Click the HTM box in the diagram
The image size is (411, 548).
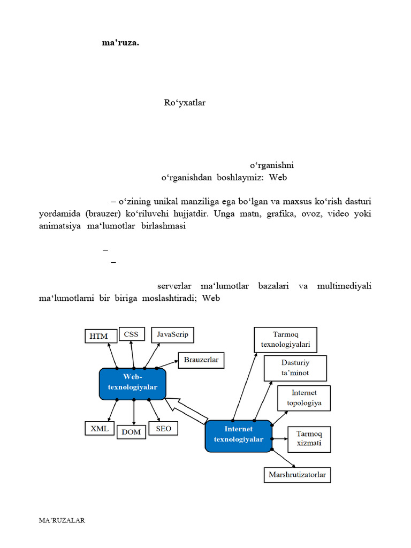click(99, 336)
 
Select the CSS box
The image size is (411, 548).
click(131, 334)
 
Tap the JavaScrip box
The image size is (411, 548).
click(172, 334)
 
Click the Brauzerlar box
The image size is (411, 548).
click(201, 360)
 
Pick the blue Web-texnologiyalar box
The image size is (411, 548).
click(133, 383)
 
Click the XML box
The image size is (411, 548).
click(100, 429)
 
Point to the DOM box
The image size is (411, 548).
click(131, 432)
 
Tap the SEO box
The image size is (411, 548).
click(164, 429)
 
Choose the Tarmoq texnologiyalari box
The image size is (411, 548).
click(285, 340)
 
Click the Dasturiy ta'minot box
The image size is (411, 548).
click(295, 368)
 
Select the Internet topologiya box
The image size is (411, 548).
click(304, 398)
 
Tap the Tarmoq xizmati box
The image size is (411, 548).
click(309, 439)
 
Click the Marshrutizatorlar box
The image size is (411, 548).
click(298, 475)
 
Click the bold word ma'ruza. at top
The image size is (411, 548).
click(120, 43)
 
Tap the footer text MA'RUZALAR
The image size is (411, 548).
click(62, 520)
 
